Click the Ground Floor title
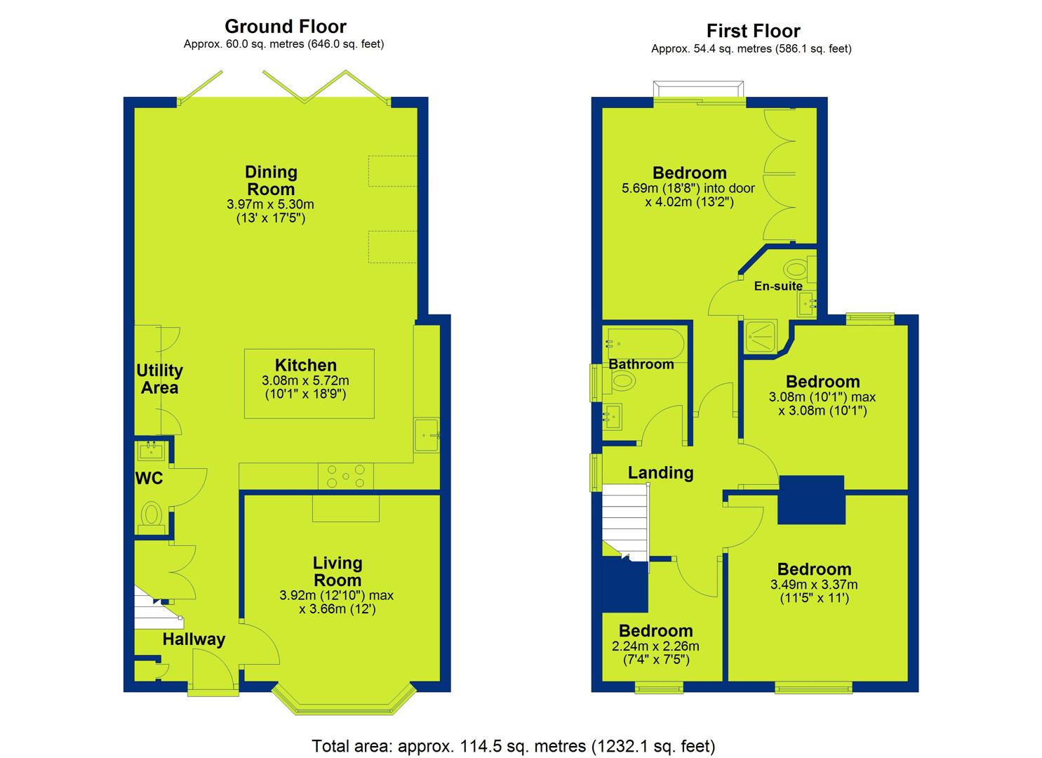[285, 27]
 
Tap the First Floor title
[753, 31]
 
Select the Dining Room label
[271, 180]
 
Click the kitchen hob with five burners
[346, 476]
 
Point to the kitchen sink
[426, 434]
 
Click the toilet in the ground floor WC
[151, 517]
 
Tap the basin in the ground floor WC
[151, 451]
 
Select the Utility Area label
[159, 379]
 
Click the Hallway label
[194, 639]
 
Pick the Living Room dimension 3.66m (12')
[338, 609]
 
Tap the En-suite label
[778, 286]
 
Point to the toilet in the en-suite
[800, 270]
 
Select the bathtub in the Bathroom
[643, 345]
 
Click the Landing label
[660, 473]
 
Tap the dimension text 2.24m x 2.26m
[655, 646]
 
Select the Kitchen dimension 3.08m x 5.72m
[305, 380]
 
